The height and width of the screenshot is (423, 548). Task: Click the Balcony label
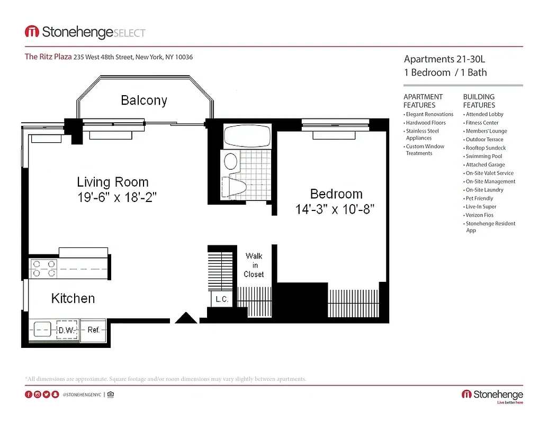pyautogui.click(x=143, y=100)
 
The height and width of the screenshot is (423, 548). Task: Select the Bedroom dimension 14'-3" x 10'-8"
pyautogui.click(x=335, y=209)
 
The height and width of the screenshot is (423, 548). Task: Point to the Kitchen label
pyautogui.click(x=73, y=299)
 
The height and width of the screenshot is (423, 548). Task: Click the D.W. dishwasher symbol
pyautogui.click(x=67, y=329)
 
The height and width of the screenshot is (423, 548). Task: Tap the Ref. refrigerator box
pyautogui.click(x=93, y=330)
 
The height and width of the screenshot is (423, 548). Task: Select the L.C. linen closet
pyautogui.click(x=222, y=299)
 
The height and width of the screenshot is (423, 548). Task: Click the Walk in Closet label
pyautogui.click(x=254, y=265)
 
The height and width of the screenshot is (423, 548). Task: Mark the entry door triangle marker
pyautogui.click(x=186, y=317)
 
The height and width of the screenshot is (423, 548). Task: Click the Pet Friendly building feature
pyautogui.click(x=479, y=198)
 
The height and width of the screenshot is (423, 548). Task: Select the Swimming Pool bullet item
pyautogui.click(x=484, y=156)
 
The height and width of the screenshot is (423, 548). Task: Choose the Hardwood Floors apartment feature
pyautogui.click(x=426, y=123)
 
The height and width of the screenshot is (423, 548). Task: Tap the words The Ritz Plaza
pyautogui.click(x=48, y=57)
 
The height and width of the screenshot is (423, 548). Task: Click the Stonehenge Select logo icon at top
pyautogui.click(x=32, y=32)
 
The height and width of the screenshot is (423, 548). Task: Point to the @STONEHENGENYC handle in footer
pyautogui.click(x=82, y=394)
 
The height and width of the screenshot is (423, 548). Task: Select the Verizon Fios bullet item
pyautogui.click(x=479, y=215)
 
